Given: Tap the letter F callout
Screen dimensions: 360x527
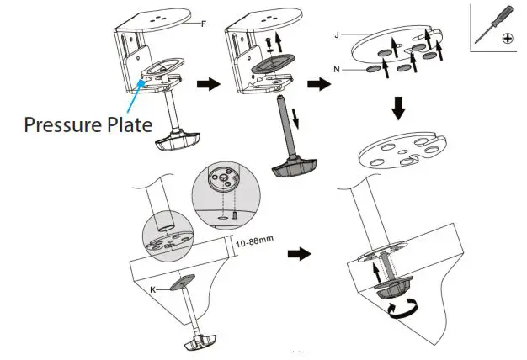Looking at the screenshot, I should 203,24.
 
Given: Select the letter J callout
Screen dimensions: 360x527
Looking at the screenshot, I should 337,34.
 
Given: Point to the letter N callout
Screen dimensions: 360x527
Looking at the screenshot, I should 338,70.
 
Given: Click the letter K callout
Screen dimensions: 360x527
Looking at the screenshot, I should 153,289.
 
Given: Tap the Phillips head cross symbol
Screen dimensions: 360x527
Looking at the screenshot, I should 509,39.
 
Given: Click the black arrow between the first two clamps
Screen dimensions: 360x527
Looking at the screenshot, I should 205,85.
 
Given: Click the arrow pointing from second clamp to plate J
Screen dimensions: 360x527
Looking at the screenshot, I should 318,85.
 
